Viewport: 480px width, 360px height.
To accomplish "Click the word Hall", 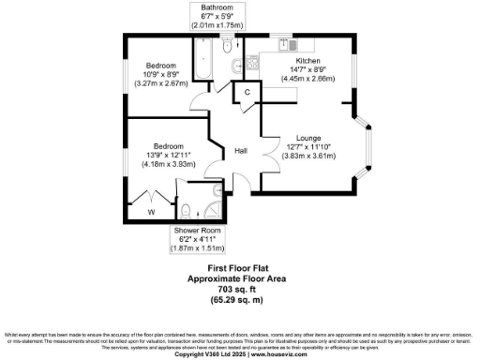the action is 241,151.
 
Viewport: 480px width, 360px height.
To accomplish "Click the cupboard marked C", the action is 247,92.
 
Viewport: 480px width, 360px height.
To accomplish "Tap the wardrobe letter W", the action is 150,211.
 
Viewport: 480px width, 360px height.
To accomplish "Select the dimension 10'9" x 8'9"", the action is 155,73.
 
